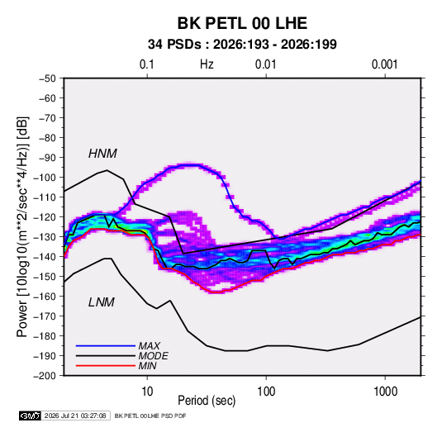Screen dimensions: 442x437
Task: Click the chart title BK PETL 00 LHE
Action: click(x=242, y=23)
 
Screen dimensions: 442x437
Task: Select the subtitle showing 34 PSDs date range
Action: click(x=242, y=45)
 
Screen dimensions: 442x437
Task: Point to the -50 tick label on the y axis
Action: click(x=47, y=78)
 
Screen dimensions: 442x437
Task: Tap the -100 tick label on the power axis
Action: click(x=45, y=178)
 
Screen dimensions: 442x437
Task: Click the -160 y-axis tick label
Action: click(x=45, y=297)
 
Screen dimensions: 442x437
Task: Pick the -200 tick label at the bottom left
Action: click(x=45, y=376)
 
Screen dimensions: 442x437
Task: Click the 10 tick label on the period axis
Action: click(x=147, y=392)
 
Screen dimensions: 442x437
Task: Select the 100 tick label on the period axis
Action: click(x=266, y=392)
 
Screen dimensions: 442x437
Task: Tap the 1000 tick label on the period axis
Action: click(x=385, y=392)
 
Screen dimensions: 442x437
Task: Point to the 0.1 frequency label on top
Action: click(x=147, y=64)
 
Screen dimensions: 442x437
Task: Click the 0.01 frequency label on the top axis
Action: click(x=266, y=64)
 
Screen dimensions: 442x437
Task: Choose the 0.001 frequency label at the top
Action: click(x=385, y=64)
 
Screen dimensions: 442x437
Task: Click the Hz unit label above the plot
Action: click(x=207, y=64)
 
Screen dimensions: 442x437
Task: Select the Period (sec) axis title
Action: click(x=207, y=401)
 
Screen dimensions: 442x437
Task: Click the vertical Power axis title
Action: click(x=22, y=226)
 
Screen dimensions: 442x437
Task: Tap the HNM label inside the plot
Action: click(x=102, y=154)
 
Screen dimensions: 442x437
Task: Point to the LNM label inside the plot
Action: click(x=102, y=302)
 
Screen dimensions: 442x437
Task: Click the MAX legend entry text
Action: click(x=150, y=346)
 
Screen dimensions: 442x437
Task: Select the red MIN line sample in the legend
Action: click(x=106, y=366)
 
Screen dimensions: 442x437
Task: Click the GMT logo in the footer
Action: click(x=31, y=416)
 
